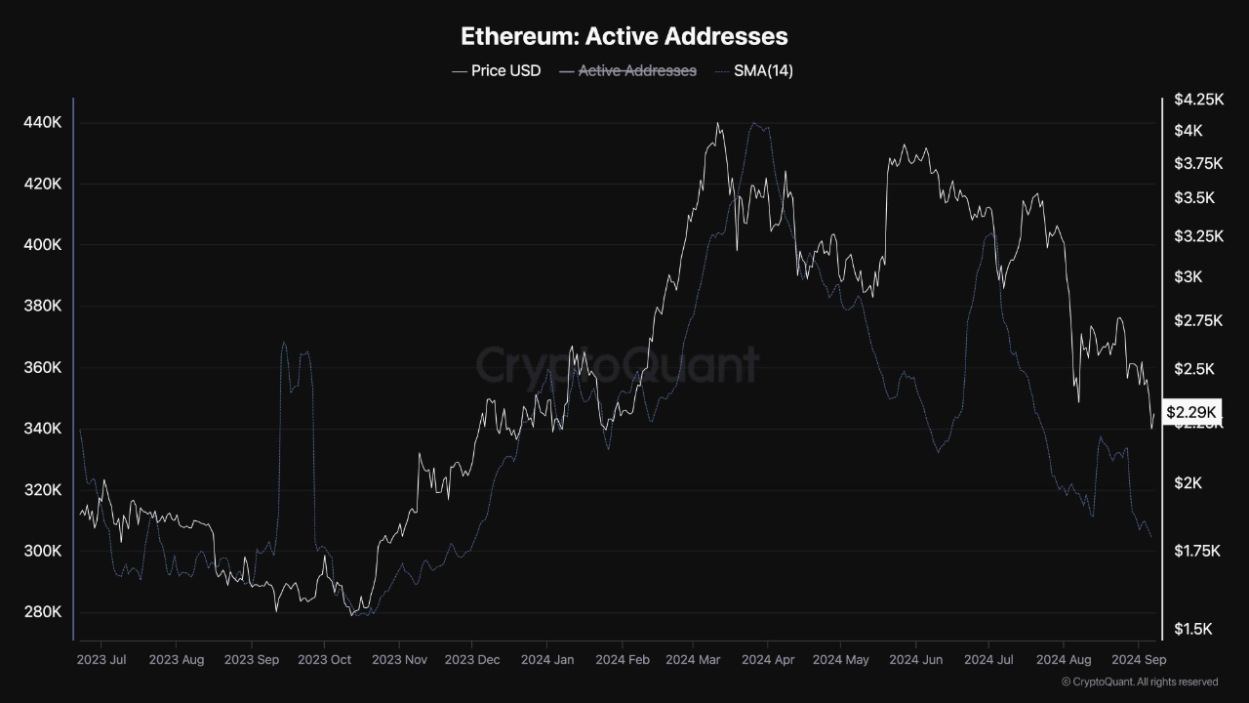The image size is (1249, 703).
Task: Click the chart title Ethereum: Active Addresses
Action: click(x=624, y=37)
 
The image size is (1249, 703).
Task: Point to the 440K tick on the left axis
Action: click(x=43, y=123)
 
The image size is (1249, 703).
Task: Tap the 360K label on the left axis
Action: click(x=43, y=368)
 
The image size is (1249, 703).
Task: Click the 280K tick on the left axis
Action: click(x=43, y=612)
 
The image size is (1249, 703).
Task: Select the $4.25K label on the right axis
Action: click(x=1198, y=100)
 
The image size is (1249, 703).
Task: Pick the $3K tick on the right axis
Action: click(x=1189, y=277)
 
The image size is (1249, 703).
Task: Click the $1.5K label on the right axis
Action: click(x=1193, y=629)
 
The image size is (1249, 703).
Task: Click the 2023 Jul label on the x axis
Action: click(x=101, y=660)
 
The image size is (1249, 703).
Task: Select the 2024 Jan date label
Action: click(x=548, y=660)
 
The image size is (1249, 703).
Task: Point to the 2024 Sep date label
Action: click(x=1139, y=660)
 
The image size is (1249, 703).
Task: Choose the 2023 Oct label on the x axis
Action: click(x=324, y=660)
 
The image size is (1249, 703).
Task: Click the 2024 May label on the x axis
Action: click(x=840, y=660)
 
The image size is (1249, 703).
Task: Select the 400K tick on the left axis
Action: click(x=43, y=245)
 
